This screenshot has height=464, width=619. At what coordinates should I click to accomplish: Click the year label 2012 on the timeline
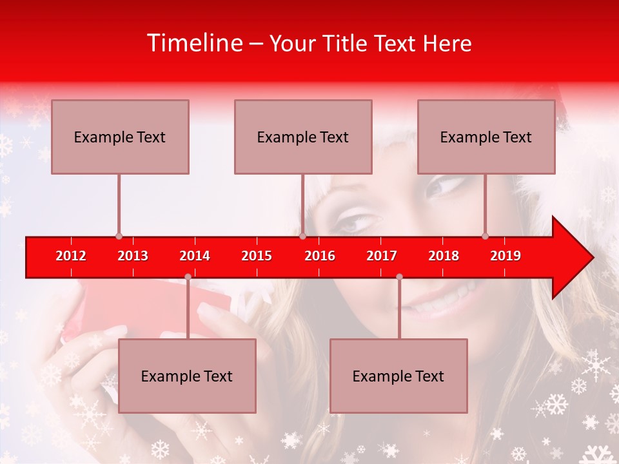[x=71, y=256]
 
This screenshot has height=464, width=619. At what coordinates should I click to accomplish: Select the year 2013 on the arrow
[x=133, y=256]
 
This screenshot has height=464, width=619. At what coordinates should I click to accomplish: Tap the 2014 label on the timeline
[x=195, y=256]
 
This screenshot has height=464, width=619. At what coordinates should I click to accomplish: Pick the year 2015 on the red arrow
[x=257, y=256]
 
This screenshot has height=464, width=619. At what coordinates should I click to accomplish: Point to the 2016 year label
[x=320, y=256]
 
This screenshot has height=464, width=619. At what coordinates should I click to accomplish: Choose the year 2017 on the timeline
[x=382, y=256]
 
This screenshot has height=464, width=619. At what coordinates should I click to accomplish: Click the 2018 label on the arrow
[x=444, y=256]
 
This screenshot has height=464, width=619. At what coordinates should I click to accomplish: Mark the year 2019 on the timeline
[x=506, y=256]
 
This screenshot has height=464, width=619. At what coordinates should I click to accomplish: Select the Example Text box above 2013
[x=120, y=137]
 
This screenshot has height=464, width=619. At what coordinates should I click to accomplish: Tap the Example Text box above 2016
[x=303, y=137]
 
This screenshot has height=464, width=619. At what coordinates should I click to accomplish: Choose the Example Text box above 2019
[x=486, y=137]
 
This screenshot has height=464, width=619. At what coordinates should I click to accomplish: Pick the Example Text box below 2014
[x=187, y=376]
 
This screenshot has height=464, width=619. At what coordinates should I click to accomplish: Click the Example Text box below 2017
[x=398, y=376]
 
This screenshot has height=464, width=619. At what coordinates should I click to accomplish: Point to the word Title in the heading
[x=346, y=43]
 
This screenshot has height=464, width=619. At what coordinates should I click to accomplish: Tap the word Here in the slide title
[x=447, y=43]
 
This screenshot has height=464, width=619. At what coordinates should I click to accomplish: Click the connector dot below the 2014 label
[x=188, y=276]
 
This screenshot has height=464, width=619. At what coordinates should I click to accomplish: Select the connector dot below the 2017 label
[x=399, y=276]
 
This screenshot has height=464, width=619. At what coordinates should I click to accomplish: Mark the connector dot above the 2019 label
[x=485, y=236]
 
